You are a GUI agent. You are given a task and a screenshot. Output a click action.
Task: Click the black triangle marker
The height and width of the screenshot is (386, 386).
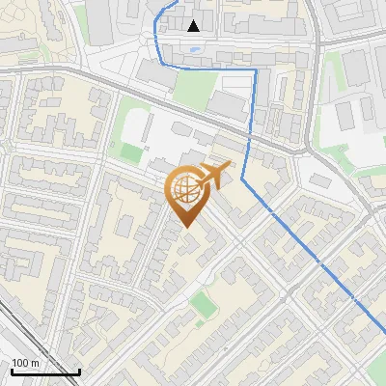coord(194,26)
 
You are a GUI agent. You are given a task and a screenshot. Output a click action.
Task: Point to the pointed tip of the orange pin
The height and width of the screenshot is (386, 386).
coord(186,227)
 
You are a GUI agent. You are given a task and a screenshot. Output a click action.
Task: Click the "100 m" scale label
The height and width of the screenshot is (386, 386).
coord(26,363)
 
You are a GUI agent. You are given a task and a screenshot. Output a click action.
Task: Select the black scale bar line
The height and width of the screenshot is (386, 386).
coord(45,372)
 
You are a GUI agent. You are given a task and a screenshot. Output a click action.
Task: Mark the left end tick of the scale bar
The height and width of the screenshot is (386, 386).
coord(12,370)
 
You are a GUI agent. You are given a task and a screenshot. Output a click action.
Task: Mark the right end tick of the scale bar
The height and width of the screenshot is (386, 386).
coord(79,370)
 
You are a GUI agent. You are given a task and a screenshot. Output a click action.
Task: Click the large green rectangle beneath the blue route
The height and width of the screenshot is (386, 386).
coord(192,89)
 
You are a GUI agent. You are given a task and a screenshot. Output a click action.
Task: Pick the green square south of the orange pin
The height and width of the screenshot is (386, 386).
coord(203,305)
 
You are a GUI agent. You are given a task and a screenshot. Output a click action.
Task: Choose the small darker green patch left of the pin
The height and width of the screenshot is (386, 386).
coord(130,152)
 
